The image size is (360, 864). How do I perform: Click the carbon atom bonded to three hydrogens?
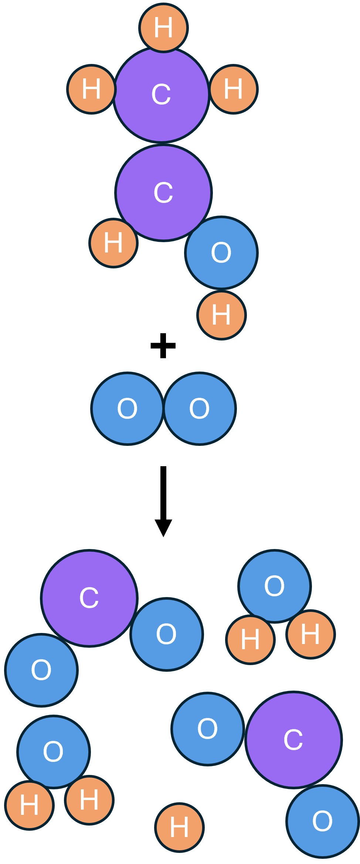click(x=162, y=94)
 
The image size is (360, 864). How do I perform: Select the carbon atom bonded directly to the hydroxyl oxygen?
click(x=163, y=193)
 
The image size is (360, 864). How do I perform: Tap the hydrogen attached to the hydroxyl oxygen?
click(x=221, y=315)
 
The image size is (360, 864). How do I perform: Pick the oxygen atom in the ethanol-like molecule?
click(x=221, y=253)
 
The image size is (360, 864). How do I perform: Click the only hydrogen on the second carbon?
click(x=113, y=243)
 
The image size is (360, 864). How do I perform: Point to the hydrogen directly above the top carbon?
click(x=163, y=28)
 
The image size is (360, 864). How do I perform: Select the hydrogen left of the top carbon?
click(x=91, y=89)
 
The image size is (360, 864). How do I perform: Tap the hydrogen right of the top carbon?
click(x=234, y=89)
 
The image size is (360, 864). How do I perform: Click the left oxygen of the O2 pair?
click(x=127, y=409)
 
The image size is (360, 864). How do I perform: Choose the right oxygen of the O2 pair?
click(x=200, y=409)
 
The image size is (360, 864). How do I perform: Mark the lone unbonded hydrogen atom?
click(x=179, y=827)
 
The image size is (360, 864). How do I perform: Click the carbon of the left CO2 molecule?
click(x=89, y=598)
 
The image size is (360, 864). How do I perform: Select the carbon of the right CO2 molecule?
click(x=294, y=739)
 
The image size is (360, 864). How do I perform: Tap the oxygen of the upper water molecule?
click(x=275, y=586)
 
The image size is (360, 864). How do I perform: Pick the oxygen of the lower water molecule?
click(x=54, y=752)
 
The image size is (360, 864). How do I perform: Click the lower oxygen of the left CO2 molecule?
click(x=41, y=670)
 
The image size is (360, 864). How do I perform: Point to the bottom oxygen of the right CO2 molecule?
click(x=323, y=821)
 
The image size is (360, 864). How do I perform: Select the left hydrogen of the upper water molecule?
click(x=250, y=639)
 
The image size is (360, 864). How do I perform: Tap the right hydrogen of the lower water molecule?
click(x=89, y=800)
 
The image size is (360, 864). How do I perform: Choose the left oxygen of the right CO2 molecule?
click(x=208, y=729)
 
